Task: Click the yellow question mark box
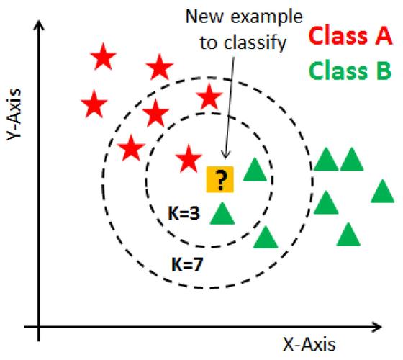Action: click(220, 179)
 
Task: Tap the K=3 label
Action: click(184, 213)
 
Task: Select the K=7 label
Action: click(187, 264)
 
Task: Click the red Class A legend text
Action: click(350, 35)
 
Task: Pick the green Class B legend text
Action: click(350, 71)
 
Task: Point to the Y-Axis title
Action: click(14, 114)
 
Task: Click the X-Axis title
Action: click(309, 344)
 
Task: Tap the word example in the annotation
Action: click(266, 17)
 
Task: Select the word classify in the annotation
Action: click(255, 42)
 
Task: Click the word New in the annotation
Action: click(205, 17)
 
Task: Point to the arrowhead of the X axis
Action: click(377, 327)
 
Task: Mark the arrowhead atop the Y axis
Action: click(39, 25)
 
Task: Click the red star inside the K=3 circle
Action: click(189, 159)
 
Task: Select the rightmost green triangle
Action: click(382, 191)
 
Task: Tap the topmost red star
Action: click(104, 57)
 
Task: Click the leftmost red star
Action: click(94, 104)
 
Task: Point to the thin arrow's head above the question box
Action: click(225, 155)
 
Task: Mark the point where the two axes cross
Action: click(39, 327)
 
